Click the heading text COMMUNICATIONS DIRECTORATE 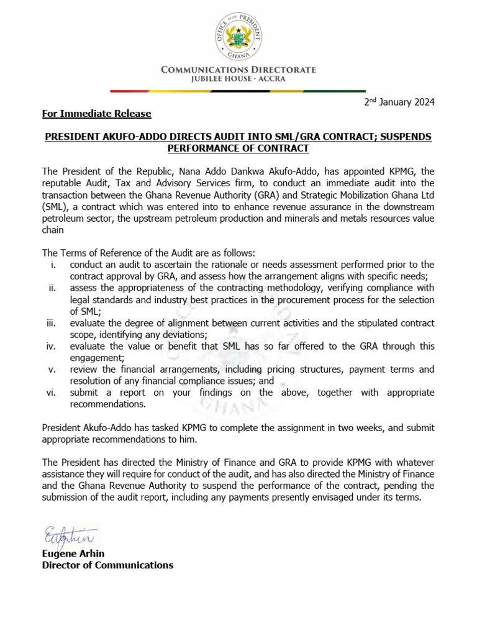click(238, 70)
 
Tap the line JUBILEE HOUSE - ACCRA click(238, 80)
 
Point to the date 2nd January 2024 click(399, 102)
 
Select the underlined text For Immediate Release click(96, 114)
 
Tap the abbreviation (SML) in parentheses click(55, 207)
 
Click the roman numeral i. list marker click(55, 265)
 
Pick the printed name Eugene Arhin click(72, 553)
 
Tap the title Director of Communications click(107, 565)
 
